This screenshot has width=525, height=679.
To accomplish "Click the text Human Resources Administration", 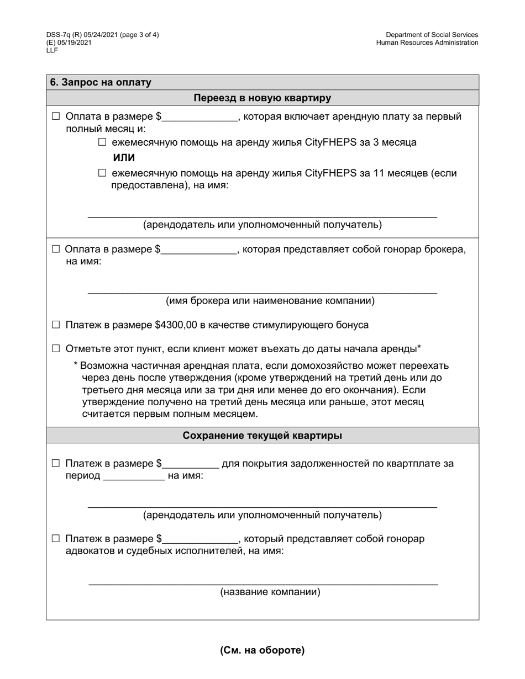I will coord(427,43).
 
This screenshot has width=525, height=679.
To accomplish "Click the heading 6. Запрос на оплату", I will coord(101,82).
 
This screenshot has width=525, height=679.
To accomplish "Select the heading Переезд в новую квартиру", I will coord(262,98).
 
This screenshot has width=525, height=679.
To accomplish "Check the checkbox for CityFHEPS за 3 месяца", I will coord(102,142).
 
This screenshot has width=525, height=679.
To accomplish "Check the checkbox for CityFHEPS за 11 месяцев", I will coord(102,173).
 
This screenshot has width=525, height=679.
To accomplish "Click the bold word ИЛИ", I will coord(124,158).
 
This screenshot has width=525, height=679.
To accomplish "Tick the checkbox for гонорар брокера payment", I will coord(55,249).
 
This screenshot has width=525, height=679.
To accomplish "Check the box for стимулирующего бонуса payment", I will coord(55,325).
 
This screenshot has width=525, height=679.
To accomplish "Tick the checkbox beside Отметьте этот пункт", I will coord(55,348).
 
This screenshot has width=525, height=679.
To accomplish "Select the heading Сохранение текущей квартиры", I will coord(262,436).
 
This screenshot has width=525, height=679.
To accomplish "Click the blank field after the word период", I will coord(134,476).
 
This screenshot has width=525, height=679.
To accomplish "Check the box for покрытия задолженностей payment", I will coord(55,463).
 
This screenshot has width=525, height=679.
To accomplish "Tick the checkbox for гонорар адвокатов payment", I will coord(55,538).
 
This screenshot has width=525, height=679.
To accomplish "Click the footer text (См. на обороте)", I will coord(262,650).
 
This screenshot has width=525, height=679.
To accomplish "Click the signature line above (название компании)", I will coord(263,583).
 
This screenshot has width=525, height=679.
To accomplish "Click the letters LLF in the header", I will coord(52,50).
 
